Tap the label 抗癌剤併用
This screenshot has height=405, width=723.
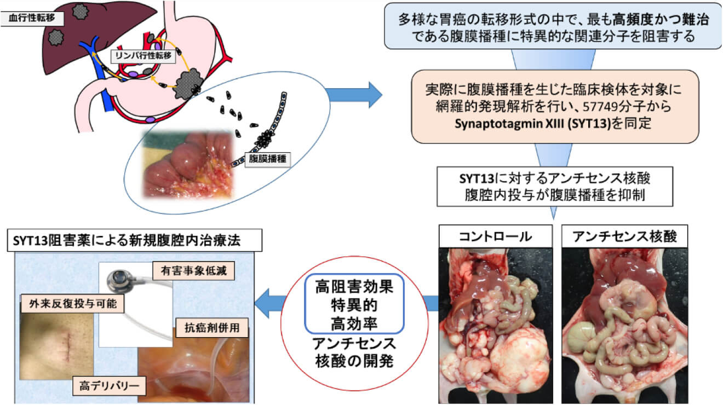point(214,331)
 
